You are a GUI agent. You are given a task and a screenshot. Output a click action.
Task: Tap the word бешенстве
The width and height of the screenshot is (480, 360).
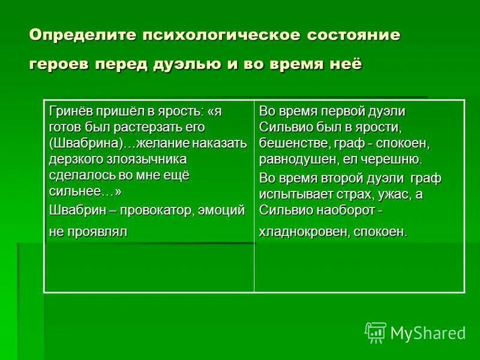(x=289, y=143)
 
